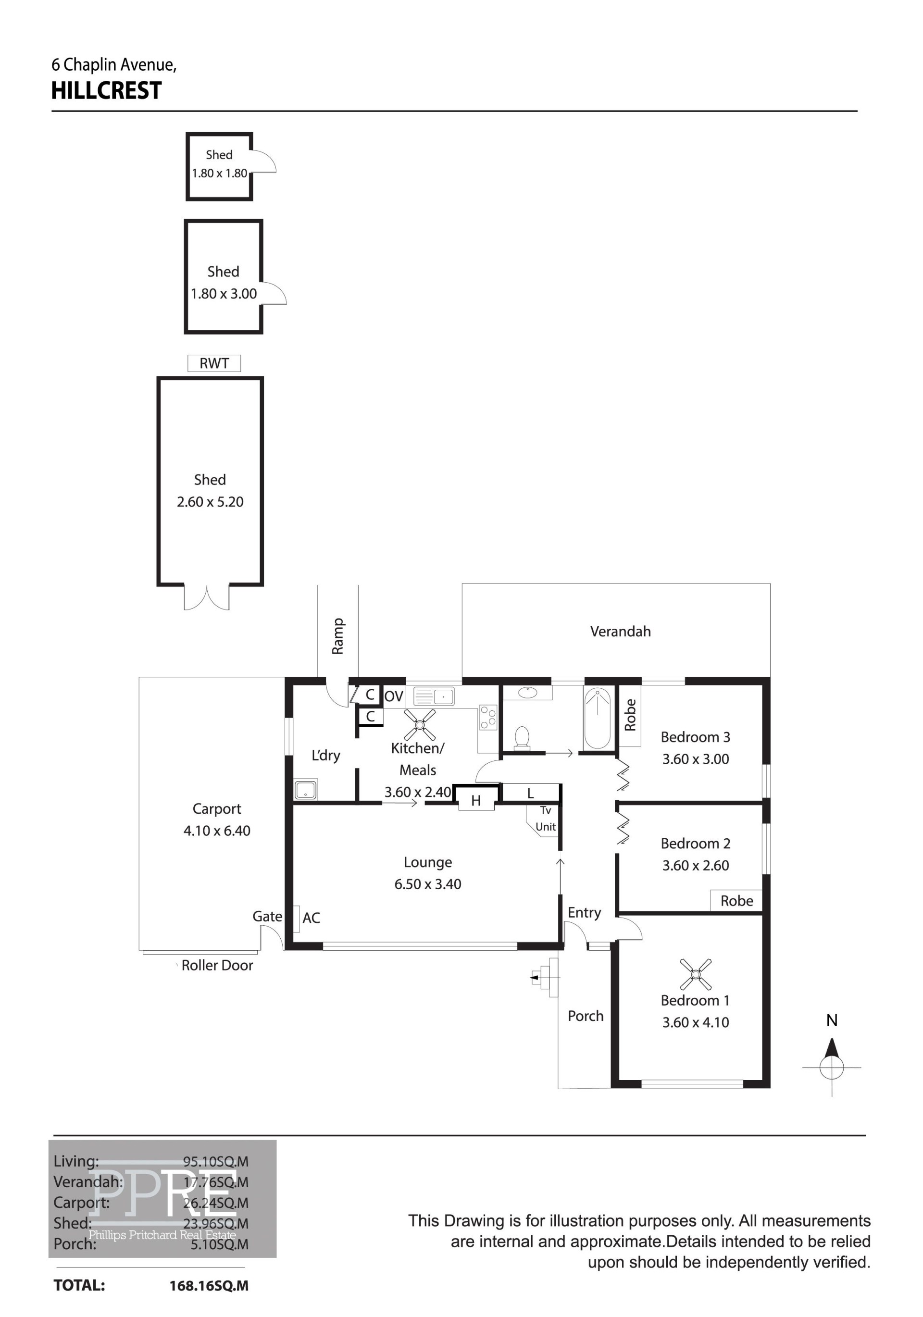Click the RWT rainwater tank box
coord(214,363)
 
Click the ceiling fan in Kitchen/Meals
coord(419,725)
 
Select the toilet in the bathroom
coord(522,738)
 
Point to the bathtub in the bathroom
coord(597,718)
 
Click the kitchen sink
coord(434,696)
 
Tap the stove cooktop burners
coord(488,717)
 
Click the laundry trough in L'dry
coord(305,789)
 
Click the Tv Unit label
coord(546,818)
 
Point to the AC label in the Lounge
coord(311,918)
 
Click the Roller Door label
coord(217,965)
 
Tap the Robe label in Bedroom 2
coord(736,901)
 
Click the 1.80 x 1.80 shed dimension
coord(219,173)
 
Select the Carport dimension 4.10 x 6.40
coord(217,831)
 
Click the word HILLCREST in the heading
coord(107,91)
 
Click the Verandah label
coord(620,632)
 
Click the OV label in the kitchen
coord(394,696)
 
